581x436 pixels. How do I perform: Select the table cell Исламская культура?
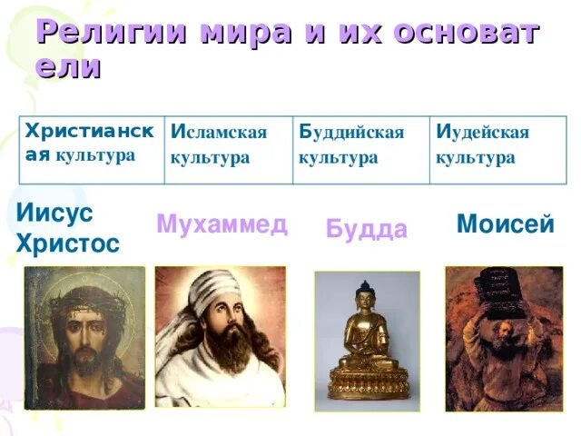click(227, 145)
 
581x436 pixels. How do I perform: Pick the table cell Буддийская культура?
click(360, 145)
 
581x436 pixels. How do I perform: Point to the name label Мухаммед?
click(222, 224)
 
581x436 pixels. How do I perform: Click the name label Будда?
click(366, 230)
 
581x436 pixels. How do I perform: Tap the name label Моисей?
click(505, 224)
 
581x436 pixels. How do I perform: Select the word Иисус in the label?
click(54, 214)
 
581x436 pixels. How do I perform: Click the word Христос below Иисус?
click(67, 243)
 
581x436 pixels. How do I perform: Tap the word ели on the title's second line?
click(67, 68)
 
